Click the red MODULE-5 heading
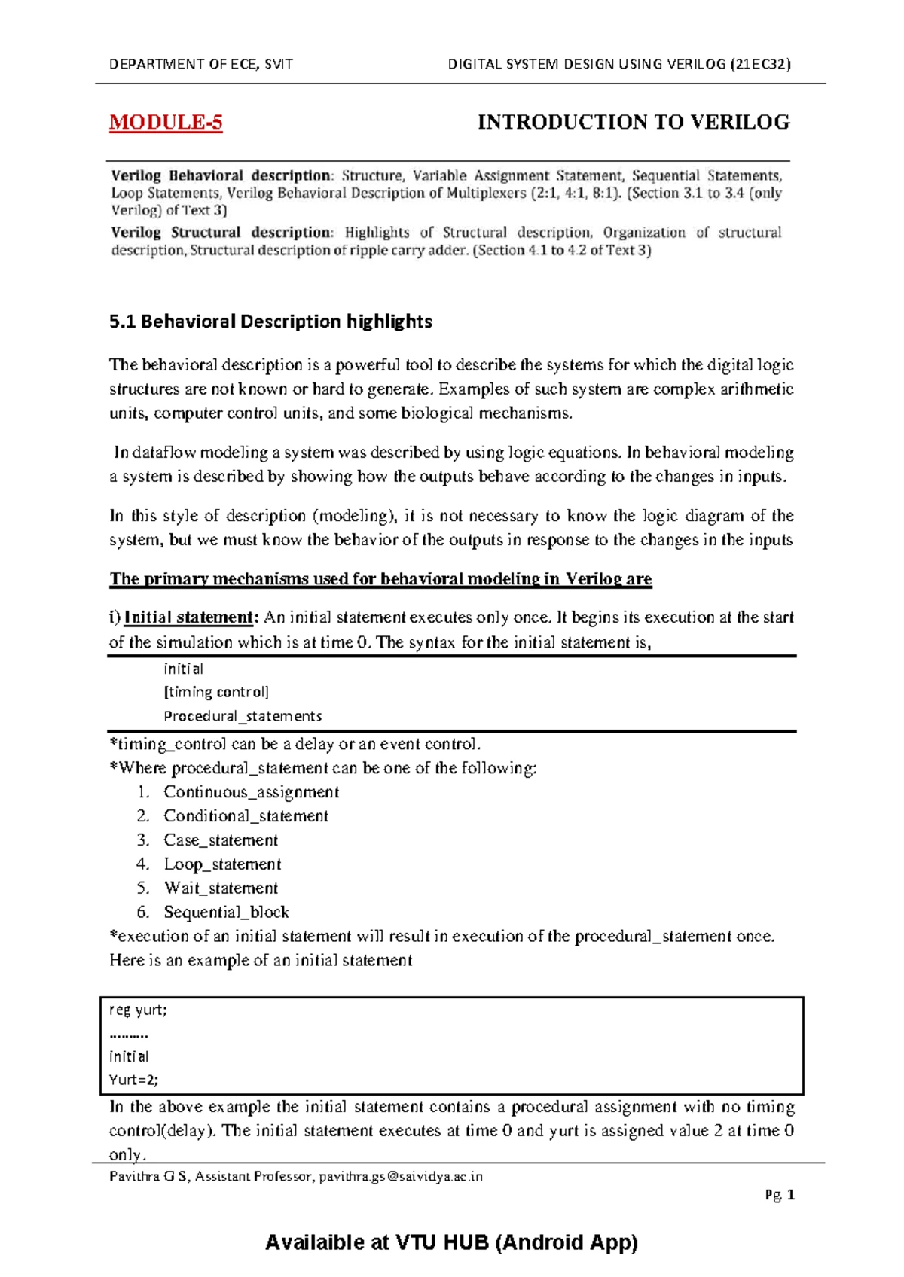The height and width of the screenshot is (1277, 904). click(166, 123)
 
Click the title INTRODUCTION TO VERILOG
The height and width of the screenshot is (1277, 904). click(634, 123)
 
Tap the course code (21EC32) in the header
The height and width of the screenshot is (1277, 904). click(760, 64)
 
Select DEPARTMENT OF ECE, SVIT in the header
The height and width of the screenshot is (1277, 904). click(201, 64)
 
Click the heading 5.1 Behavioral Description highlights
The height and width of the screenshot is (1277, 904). click(270, 322)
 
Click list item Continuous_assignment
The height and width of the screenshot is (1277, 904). click(251, 792)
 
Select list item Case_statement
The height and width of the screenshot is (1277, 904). click(221, 840)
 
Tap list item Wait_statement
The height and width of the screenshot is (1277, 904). click(221, 888)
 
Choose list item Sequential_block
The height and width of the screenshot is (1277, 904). click(226, 913)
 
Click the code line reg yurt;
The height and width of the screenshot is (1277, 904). click(138, 1010)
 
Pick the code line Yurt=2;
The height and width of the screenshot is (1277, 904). click(133, 1080)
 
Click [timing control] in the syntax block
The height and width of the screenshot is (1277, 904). click(216, 692)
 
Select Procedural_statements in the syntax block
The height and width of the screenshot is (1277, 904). click(243, 716)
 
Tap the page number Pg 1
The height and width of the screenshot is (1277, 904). click(780, 1195)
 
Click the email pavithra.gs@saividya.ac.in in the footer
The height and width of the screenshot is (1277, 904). click(400, 1176)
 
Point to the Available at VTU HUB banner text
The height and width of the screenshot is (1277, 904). click(451, 1242)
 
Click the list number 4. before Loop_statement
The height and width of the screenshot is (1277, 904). click(143, 864)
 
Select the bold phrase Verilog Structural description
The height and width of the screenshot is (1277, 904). click(221, 233)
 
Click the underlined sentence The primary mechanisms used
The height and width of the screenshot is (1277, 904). click(380, 579)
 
